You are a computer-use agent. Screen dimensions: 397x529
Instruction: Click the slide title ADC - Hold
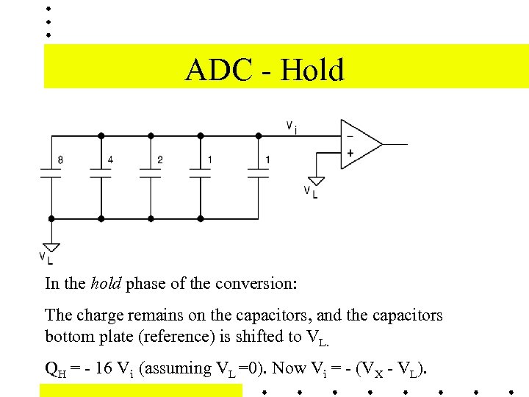click(264, 71)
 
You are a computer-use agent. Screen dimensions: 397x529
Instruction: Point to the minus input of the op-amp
click(349, 136)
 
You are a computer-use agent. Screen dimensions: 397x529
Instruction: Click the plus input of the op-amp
click(349, 154)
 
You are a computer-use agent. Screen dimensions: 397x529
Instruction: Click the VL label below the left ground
click(46, 257)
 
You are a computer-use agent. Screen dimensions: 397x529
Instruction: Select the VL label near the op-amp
click(311, 192)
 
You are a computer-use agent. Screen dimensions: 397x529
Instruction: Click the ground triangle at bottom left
click(51, 246)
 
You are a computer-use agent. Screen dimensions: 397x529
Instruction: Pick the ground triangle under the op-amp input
click(316, 180)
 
